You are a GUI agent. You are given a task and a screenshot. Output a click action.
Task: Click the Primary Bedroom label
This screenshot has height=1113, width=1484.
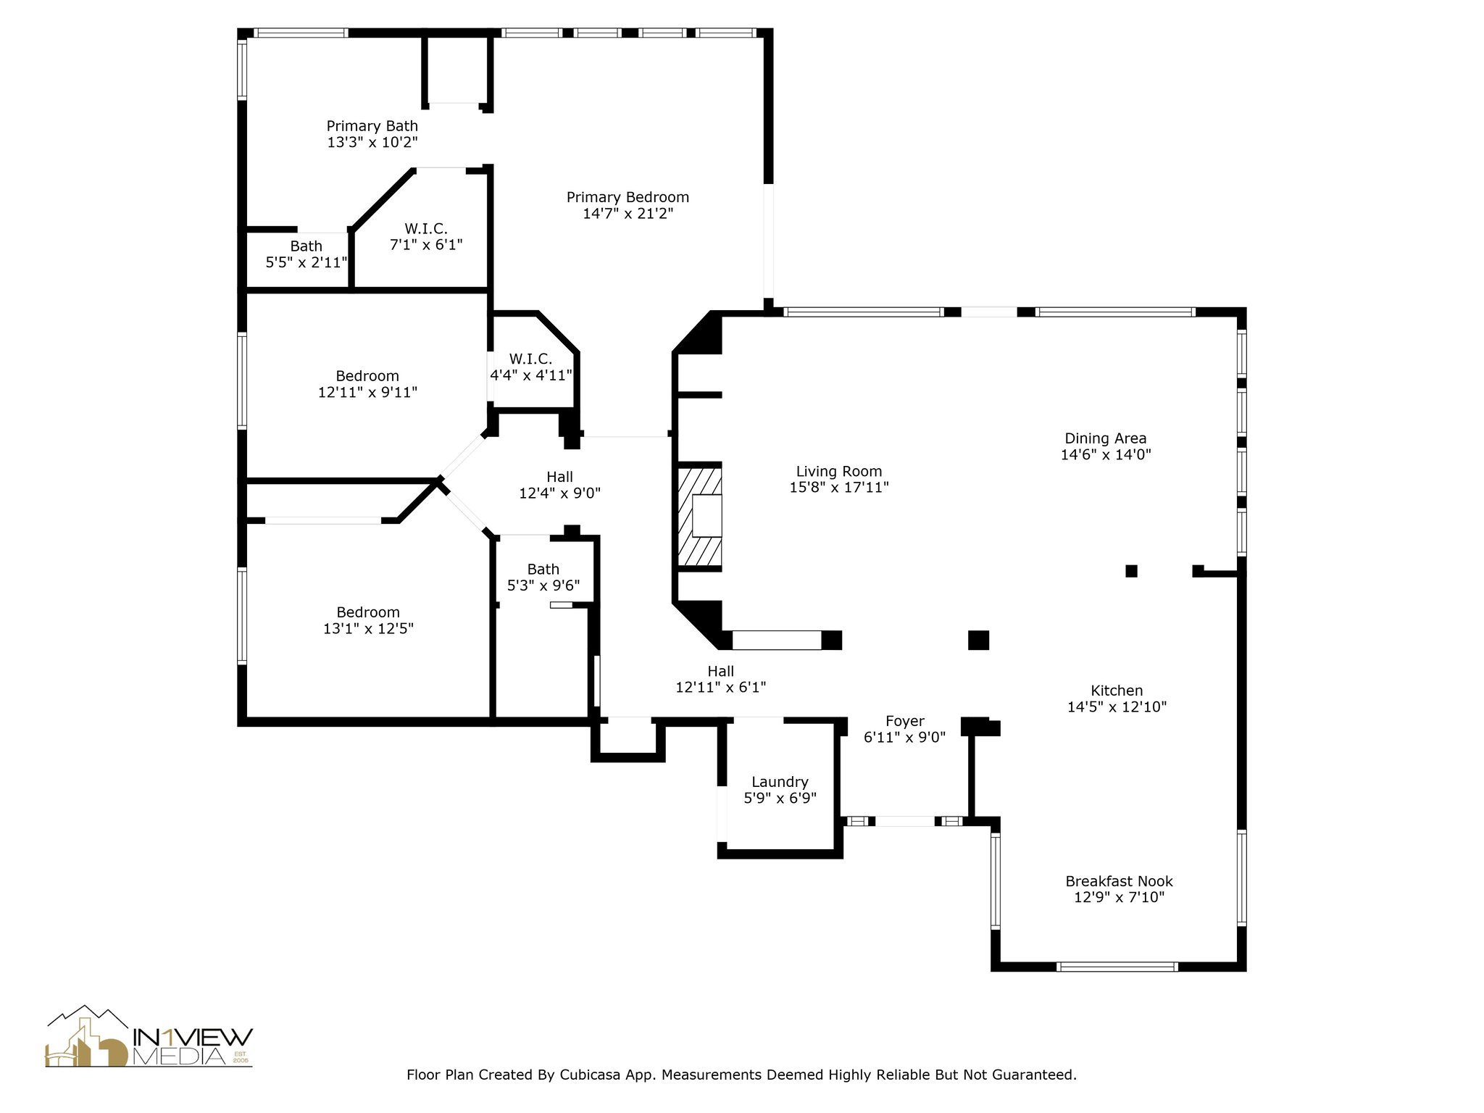coord(628,197)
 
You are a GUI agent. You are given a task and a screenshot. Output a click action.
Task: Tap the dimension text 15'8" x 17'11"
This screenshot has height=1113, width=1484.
coord(838,488)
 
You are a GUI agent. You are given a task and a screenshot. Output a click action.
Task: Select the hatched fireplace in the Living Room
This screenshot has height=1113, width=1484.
coord(699,516)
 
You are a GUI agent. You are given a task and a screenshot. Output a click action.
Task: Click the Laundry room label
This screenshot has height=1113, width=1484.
coord(780,782)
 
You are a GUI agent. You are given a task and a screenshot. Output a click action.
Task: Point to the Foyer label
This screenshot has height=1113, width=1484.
coord(904,721)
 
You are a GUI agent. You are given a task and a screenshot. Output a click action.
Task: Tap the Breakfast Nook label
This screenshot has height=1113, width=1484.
coord(1119,881)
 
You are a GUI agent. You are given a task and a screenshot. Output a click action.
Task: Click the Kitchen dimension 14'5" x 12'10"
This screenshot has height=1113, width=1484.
coord(1117,706)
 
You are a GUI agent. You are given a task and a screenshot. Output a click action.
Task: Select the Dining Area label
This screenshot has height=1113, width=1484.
coord(1105,438)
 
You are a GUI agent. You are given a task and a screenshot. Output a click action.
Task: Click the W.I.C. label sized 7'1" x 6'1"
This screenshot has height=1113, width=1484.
coord(426,229)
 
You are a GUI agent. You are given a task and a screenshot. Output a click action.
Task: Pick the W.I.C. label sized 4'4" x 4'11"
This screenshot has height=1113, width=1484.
coord(530,359)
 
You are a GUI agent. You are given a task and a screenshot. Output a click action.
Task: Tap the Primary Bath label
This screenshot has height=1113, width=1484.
coord(372,126)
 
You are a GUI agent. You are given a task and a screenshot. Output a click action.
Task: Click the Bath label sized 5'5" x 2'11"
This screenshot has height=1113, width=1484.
coord(306,246)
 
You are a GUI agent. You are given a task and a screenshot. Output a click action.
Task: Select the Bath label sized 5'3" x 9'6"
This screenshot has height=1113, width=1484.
coord(543,570)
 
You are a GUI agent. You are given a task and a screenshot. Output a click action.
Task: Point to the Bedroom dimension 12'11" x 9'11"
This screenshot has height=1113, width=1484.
coord(367,393)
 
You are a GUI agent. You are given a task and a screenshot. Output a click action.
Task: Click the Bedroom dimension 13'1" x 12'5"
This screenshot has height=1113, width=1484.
coord(368,628)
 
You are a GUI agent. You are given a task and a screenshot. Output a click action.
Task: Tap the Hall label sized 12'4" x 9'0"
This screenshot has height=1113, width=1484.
coord(559,477)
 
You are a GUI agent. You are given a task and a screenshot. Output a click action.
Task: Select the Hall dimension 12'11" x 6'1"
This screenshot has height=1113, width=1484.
coord(720,687)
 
